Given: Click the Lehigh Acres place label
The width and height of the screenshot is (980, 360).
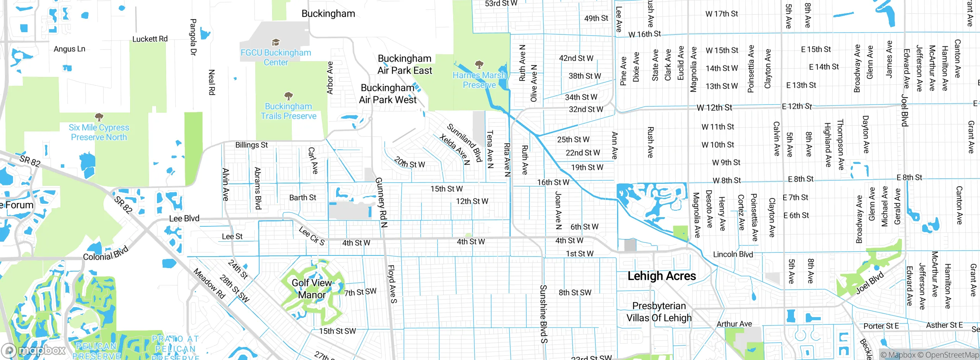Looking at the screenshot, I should pos(661,276).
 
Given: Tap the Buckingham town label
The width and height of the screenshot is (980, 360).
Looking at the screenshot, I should pos(328,14).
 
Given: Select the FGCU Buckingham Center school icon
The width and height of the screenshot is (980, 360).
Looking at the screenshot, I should pos(276,42).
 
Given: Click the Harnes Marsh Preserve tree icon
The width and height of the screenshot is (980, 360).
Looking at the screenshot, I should pos(479,64).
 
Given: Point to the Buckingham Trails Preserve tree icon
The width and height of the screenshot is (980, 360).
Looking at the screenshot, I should pos(289,95).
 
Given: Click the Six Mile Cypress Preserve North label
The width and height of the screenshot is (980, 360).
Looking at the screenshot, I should pos(99,132).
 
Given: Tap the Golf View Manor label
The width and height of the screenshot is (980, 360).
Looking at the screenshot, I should pos(312,289).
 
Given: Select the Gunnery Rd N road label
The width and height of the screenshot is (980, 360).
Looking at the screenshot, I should pos(381,203).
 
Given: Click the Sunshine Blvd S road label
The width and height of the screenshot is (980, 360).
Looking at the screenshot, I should pos(544,314).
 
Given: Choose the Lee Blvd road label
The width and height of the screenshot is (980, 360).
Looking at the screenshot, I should pos(184,218).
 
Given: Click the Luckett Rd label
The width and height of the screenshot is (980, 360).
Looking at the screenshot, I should pos(150,39).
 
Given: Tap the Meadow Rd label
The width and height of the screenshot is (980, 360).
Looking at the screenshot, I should pos(209,283).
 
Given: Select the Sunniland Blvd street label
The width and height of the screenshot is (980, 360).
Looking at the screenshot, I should pos(464,142).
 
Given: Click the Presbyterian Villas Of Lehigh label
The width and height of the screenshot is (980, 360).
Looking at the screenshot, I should pos(659,312).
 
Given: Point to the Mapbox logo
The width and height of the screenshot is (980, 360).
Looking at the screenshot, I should pos(34,350).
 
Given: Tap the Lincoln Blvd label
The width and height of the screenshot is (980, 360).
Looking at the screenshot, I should pos(733,254).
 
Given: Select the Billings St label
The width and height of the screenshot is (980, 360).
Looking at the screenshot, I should pos(251,145).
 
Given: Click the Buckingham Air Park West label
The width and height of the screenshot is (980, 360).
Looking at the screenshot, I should pos(387,94).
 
